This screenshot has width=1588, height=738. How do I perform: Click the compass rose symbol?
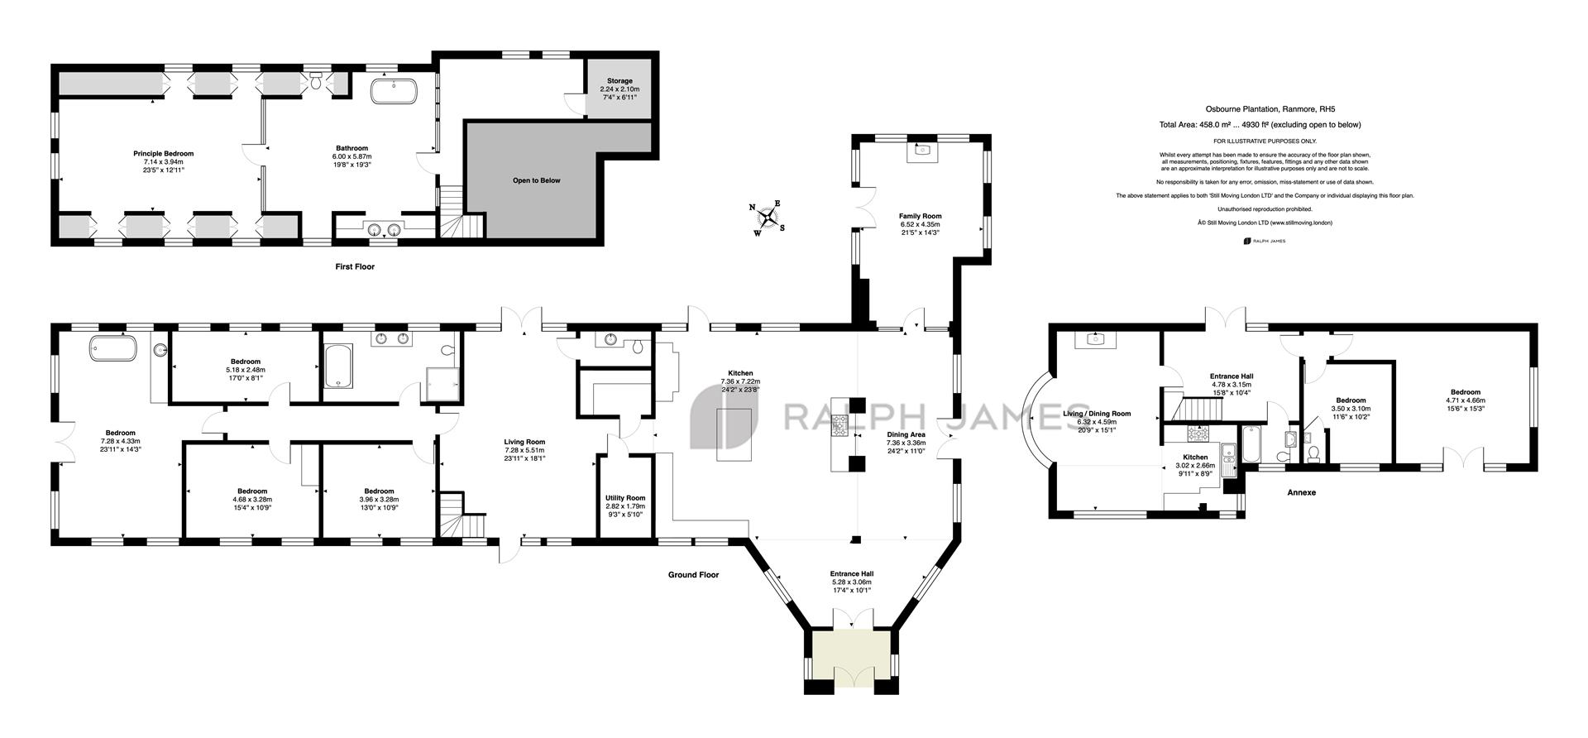[769, 218]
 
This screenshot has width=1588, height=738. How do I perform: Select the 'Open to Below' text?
[536, 180]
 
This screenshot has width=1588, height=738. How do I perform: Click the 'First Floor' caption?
[355, 266]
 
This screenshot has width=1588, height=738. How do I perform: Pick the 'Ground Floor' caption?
[693, 575]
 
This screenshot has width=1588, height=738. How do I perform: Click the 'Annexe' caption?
[1301, 493]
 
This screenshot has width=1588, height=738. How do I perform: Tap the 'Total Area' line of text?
[1260, 125]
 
